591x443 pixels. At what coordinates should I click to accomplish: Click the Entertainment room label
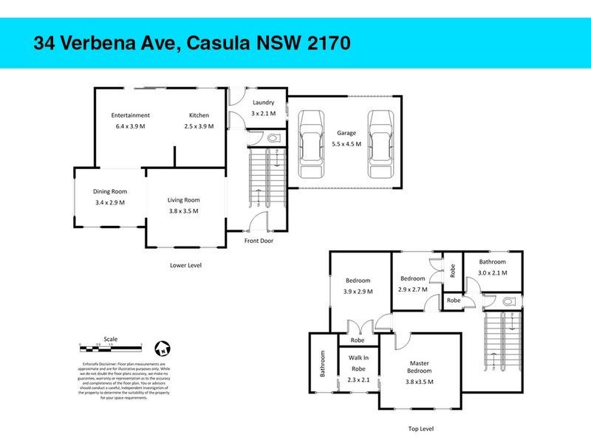131,115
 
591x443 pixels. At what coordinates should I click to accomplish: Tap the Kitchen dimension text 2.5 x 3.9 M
199,126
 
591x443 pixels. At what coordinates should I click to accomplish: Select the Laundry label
263,103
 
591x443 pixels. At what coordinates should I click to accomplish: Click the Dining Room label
109,191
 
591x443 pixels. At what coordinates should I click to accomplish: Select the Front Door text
259,241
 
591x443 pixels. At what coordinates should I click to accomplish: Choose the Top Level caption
420,428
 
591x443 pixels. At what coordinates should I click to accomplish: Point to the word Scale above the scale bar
109,333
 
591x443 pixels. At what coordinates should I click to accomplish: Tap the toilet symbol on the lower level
273,138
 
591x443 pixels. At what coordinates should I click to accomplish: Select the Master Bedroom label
420,368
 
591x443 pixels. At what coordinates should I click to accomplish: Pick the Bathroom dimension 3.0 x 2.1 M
492,273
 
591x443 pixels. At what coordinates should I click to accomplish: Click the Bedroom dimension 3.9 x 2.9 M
358,292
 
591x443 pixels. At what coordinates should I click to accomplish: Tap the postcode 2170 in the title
323,43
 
